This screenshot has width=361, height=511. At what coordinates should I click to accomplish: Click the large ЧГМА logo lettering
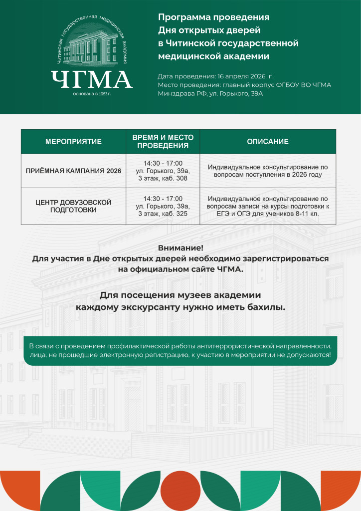[91, 79]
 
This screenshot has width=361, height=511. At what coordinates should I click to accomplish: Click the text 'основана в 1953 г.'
[91, 94]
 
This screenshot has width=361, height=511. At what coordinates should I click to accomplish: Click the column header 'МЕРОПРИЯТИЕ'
[73, 142]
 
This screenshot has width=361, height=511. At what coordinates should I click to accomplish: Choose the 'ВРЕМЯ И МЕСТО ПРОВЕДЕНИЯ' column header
[163, 142]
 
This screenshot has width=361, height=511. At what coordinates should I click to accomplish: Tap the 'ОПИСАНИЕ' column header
[268, 142]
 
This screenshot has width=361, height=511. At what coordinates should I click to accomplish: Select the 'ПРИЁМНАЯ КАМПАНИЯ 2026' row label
[73, 171]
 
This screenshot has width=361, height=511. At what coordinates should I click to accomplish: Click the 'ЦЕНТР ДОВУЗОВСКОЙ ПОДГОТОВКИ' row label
[73, 206]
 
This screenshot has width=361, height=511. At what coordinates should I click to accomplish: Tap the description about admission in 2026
[268, 171]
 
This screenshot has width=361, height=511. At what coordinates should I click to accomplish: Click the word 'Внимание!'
[180, 248]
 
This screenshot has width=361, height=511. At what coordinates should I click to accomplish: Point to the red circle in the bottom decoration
[180, 491]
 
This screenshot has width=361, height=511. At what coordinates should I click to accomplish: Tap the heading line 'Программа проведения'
[213, 17]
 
